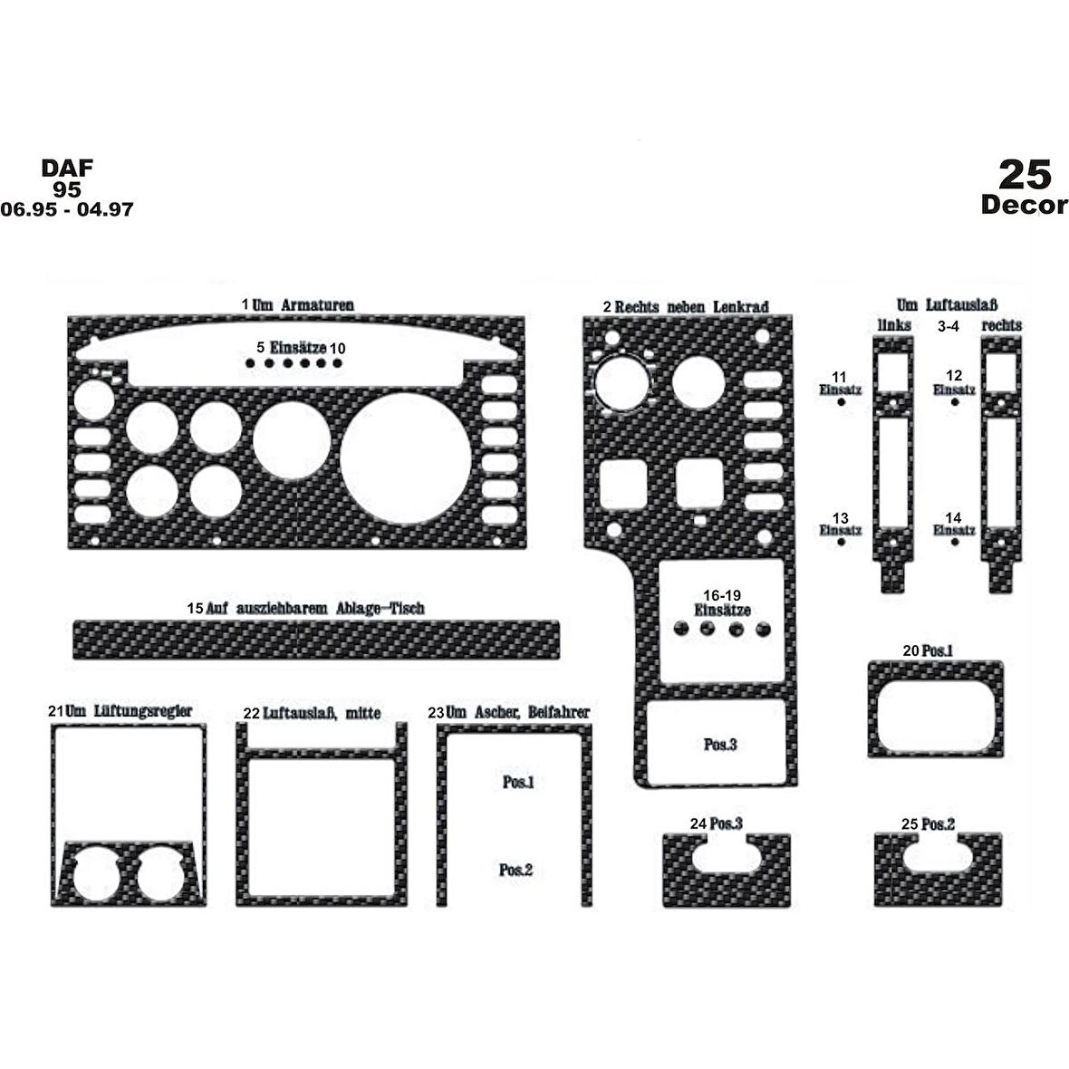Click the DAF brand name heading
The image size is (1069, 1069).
tap(67, 168)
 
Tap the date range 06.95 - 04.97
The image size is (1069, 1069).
tap(67, 208)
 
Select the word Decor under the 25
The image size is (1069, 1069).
tap(1024, 205)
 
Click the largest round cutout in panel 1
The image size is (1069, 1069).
tap(407, 458)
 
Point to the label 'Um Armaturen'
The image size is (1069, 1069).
tap(303, 304)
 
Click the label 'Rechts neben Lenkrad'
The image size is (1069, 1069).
tap(691, 307)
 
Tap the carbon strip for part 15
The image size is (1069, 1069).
tap(315, 640)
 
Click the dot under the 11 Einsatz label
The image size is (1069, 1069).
tap(841, 402)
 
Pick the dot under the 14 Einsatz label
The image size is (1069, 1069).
tap(955, 542)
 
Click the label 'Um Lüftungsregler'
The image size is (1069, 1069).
tap(129, 711)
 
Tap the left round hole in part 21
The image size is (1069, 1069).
tap(96, 872)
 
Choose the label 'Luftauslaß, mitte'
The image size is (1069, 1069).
tap(322, 714)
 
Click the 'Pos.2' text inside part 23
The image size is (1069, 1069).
tap(515, 870)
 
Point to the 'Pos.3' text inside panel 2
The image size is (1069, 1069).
tap(720, 745)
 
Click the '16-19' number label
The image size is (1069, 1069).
tap(722, 596)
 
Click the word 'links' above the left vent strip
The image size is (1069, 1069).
tap(894, 326)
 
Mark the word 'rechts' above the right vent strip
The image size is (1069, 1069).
tap(1001, 326)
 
